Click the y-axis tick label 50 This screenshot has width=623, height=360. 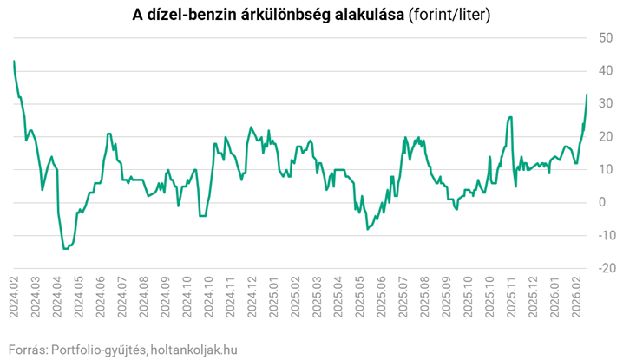click(604, 37)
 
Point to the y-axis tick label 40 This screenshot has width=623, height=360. click(604, 70)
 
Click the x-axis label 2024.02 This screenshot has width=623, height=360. click(15, 298)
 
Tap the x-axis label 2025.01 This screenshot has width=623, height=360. click(274, 298)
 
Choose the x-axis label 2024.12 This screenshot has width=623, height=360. click(252, 298)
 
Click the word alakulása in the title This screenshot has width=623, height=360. click(364, 15)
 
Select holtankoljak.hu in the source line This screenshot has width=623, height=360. click(193, 349)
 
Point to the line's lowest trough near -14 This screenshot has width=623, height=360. click(65, 249)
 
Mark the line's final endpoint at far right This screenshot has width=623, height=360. click(587, 95)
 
